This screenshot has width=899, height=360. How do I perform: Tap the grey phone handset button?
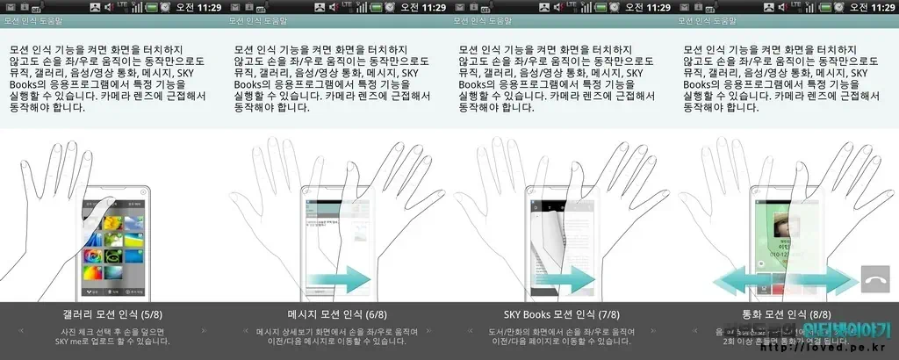pos(875,280)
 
